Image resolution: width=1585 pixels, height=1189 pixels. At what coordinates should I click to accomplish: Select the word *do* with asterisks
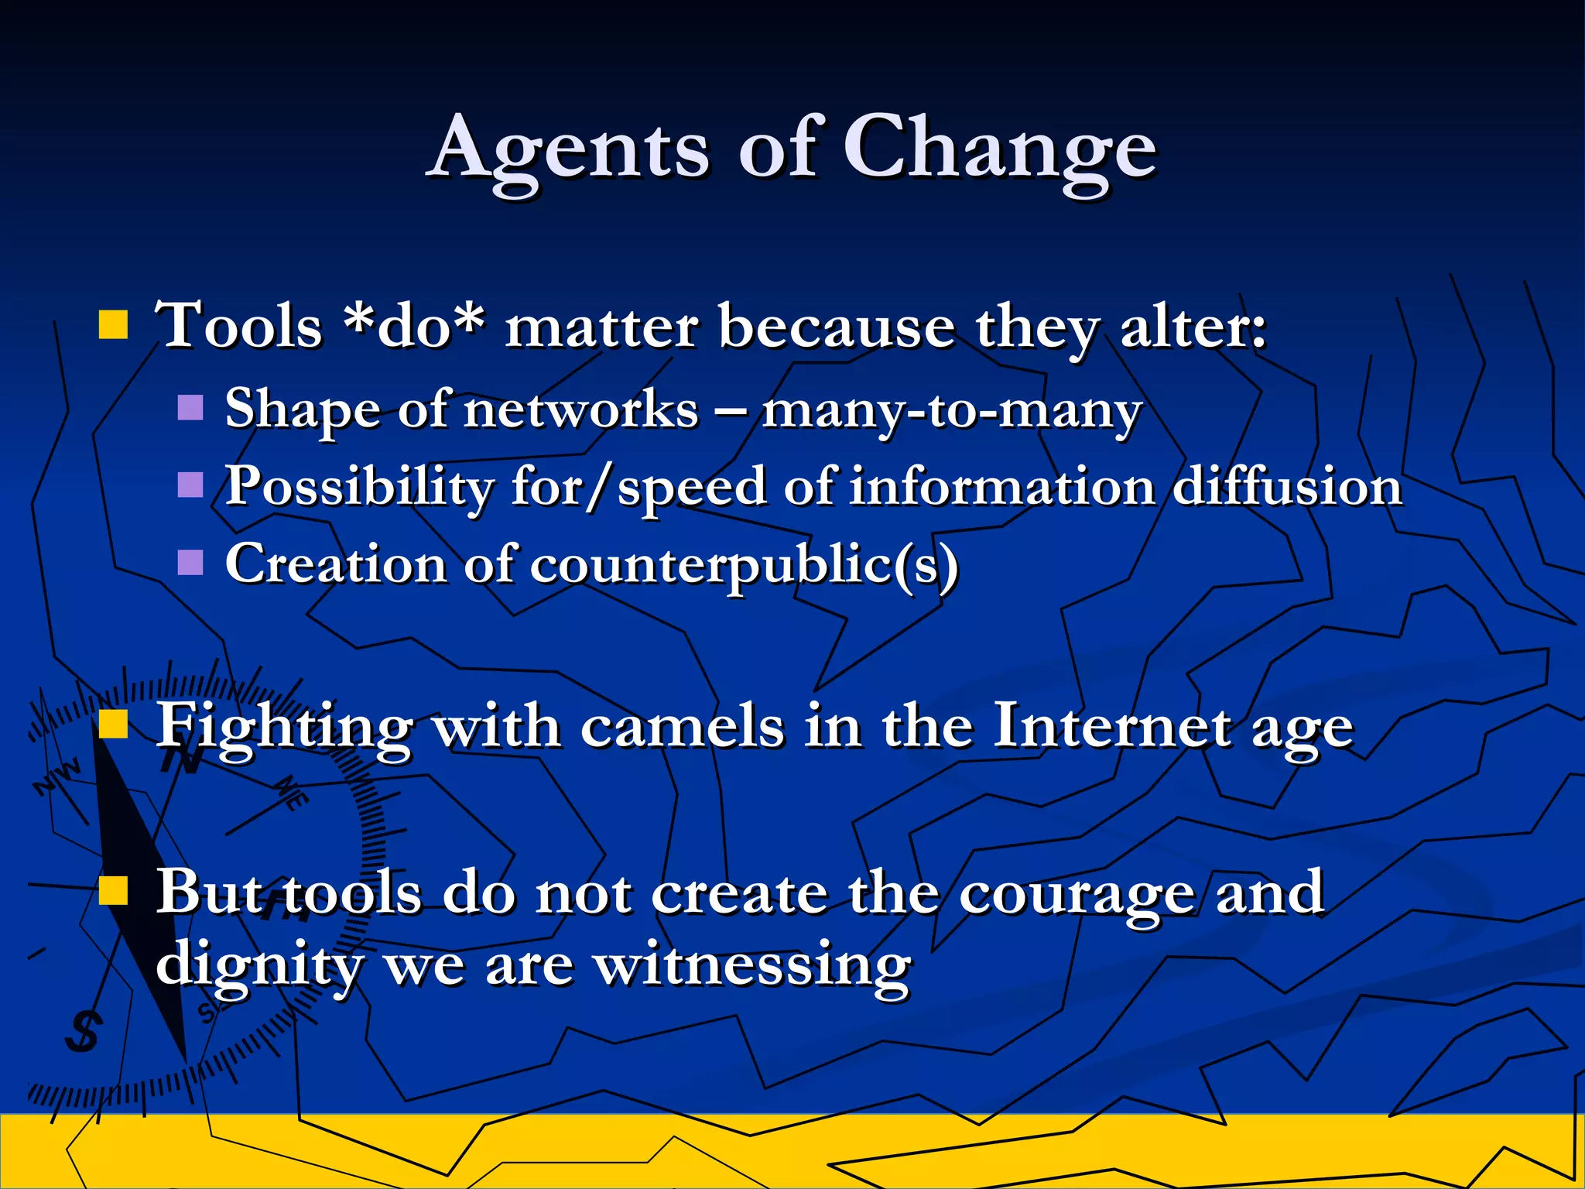point(415,326)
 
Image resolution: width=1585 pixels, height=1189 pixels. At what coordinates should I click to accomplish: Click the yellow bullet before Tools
point(113,326)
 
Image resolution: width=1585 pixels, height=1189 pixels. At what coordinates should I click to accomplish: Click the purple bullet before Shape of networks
point(190,407)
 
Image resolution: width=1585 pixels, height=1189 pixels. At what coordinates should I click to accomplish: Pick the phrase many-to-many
point(951,410)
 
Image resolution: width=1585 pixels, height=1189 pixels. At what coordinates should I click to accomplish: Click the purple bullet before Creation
point(190,563)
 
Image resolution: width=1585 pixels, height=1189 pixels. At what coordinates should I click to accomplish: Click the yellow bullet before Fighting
point(113,725)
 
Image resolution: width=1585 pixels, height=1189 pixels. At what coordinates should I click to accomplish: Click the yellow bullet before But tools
point(113,890)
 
